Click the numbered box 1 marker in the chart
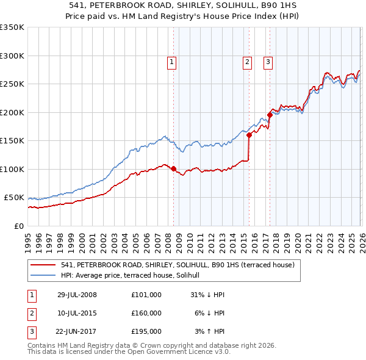(x=171, y=61)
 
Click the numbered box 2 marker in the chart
(x=247, y=61)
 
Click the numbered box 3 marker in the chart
(x=268, y=61)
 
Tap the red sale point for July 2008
(x=174, y=169)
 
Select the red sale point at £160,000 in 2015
(x=249, y=135)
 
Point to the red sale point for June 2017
(x=270, y=115)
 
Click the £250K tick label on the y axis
(x=12, y=84)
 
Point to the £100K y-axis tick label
(x=12, y=169)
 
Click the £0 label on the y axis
(x=18, y=226)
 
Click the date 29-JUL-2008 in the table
(x=77, y=295)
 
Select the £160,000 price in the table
(x=146, y=313)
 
